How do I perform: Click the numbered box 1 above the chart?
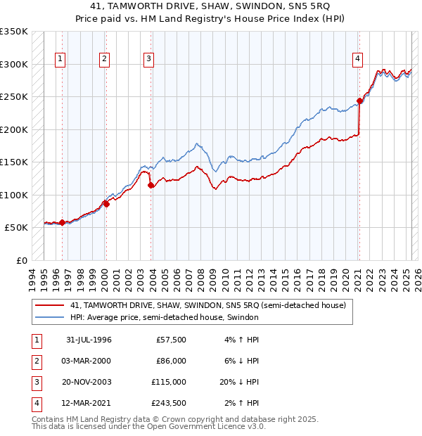click(60, 60)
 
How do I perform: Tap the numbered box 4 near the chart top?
click(358, 60)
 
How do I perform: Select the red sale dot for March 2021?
click(359, 101)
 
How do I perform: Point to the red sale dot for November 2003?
click(151, 186)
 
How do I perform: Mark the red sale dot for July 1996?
click(62, 223)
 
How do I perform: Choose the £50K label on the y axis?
click(17, 228)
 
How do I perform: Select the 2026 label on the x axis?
click(416, 276)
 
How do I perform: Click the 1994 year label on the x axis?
click(32, 276)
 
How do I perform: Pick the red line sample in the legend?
click(49, 306)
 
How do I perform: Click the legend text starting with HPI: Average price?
click(165, 317)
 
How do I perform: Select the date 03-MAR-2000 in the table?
click(88, 361)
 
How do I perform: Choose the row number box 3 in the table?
click(35, 382)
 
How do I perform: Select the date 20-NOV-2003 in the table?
click(88, 382)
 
